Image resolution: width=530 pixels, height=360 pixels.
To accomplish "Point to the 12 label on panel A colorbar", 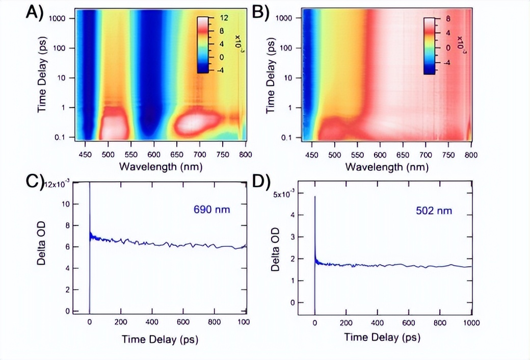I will pyautogui.click(x=225, y=18).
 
